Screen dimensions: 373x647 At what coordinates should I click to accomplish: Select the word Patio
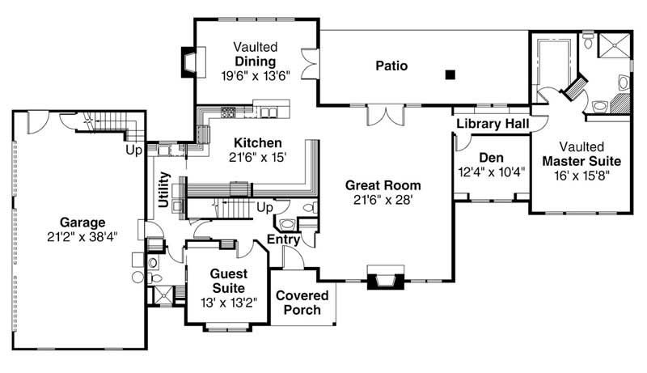[390, 66]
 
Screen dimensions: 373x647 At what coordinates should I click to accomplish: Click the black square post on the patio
[450, 75]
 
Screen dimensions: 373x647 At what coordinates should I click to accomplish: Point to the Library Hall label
[493, 124]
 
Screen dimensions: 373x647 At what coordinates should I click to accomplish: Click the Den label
[492, 157]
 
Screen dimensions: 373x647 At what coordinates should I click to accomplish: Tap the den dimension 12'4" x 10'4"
[492, 171]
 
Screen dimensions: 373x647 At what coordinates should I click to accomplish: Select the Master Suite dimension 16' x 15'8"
[579, 173]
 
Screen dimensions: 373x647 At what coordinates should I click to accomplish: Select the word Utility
[165, 190]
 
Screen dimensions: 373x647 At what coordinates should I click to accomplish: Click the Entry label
[284, 239]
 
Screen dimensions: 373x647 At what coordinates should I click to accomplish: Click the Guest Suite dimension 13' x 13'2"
[222, 303]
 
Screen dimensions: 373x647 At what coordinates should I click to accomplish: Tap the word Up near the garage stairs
[133, 150]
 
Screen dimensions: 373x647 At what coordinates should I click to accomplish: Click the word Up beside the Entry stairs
[264, 207]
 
